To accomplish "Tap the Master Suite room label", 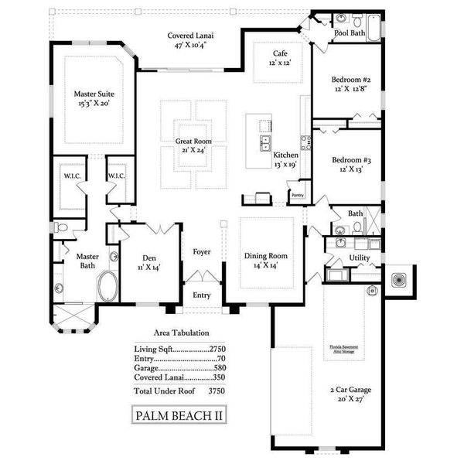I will [94, 97].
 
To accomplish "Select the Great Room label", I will [193, 145].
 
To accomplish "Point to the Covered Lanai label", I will [192, 40].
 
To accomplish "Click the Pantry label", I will [298, 196].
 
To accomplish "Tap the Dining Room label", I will [266, 260].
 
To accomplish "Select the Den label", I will [150, 261].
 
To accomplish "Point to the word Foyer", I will [202, 252].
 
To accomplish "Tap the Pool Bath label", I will [350, 33].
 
